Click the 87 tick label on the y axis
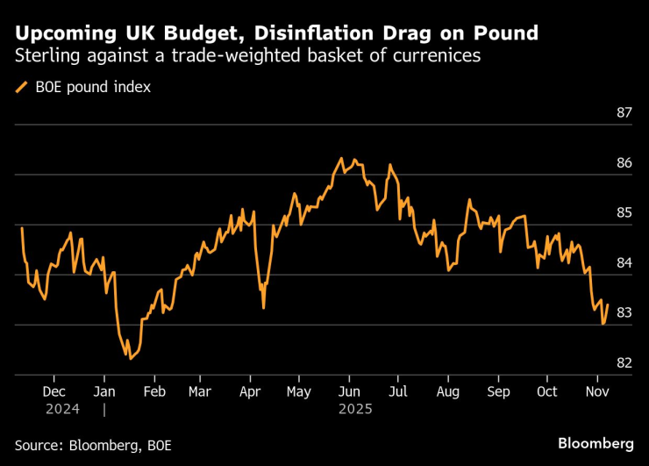(x=624, y=113)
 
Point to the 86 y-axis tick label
(x=624, y=163)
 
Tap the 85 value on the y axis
(x=624, y=213)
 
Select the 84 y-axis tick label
(x=624, y=263)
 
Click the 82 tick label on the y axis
(x=624, y=363)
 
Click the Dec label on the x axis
(x=53, y=391)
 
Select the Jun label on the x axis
(x=349, y=391)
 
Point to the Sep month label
(x=498, y=391)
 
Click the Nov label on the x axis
(x=597, y=391)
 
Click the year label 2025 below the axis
(x=354, y=409)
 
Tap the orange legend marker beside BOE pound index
(x=21, y=87)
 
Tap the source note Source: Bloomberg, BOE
(x=93, y=445)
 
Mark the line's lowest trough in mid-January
(x=131, y=358)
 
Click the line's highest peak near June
(x=341, y=159)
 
